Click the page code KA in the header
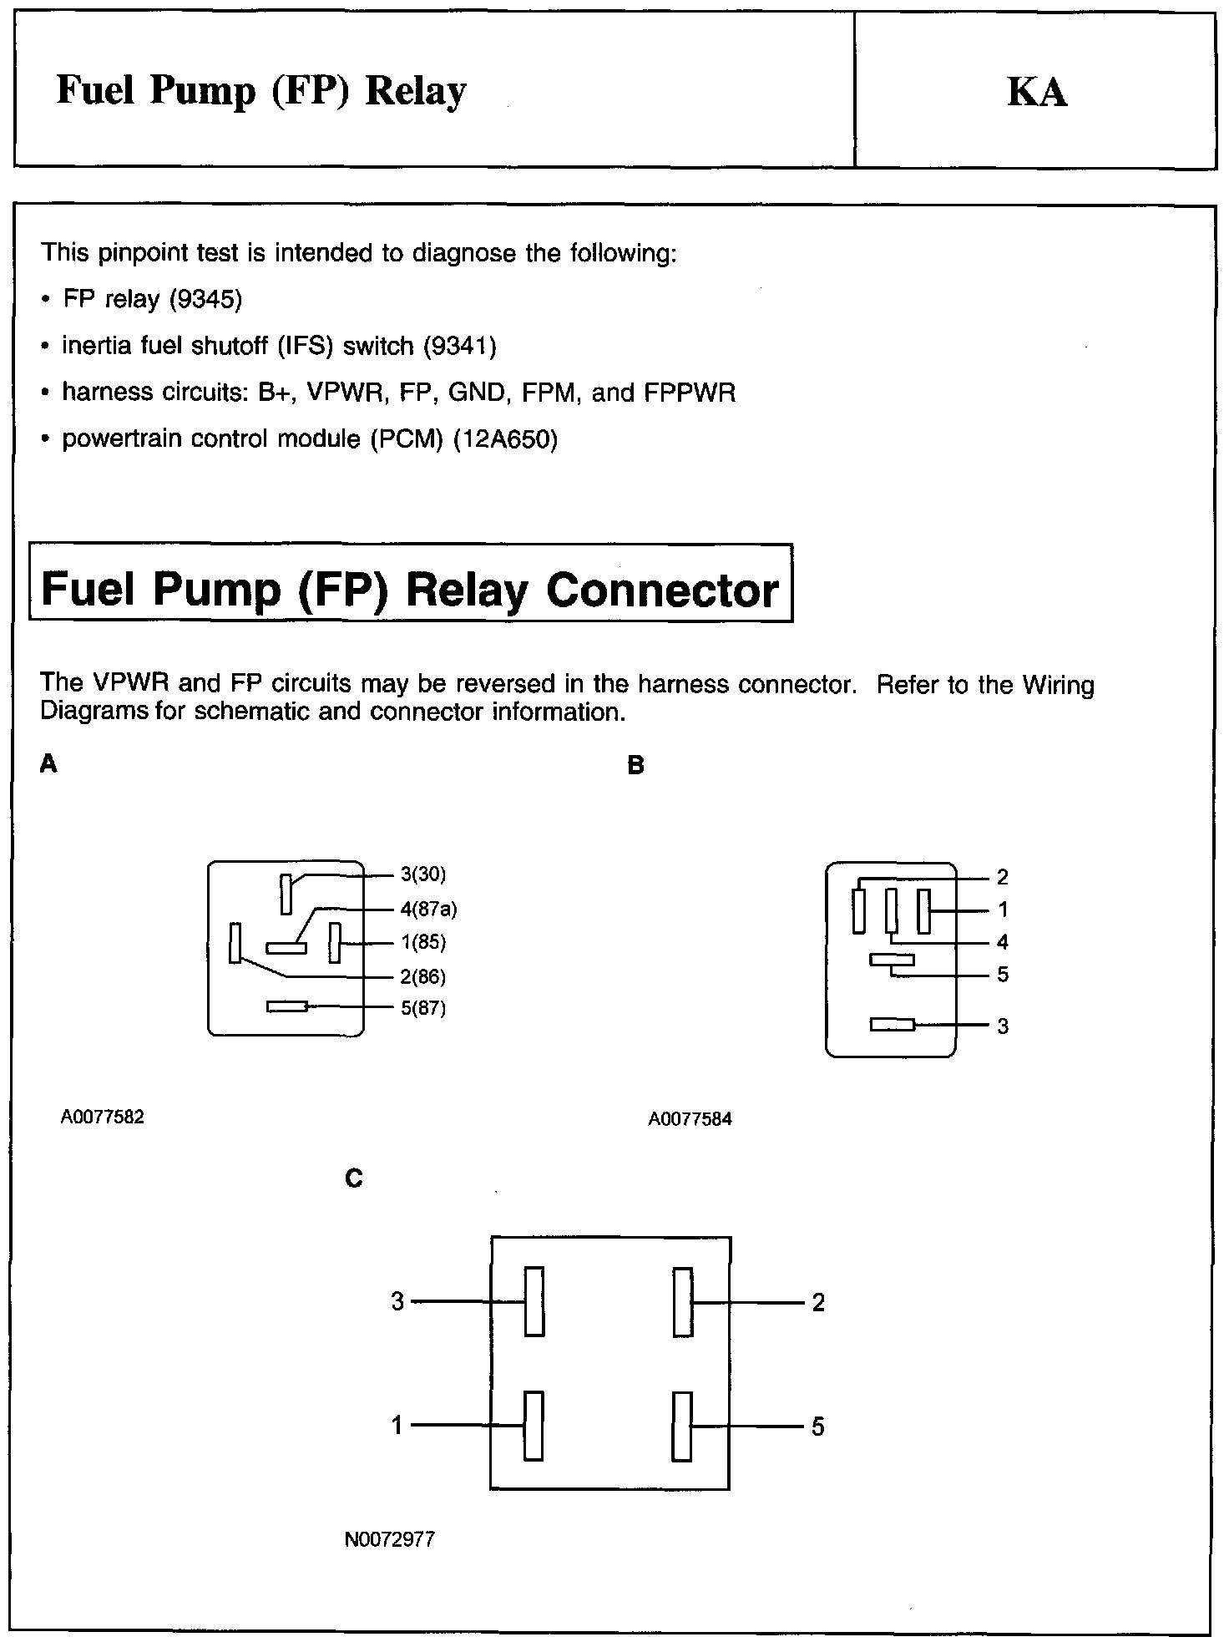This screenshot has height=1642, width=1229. coord(1036,92)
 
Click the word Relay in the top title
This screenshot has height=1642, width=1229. coord(415,91)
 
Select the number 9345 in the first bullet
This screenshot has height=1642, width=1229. coord(205,299)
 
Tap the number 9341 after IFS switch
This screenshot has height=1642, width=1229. coord(460,346)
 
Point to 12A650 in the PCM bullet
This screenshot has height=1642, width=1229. coord(504,438)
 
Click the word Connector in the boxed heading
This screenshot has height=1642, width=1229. coord(661,590)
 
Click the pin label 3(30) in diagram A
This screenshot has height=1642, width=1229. coord(423,874)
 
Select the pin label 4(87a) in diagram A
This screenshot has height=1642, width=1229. coord(428,909)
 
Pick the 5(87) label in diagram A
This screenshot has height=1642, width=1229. coord(423,1008)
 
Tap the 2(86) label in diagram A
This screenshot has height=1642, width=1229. coord(423,976)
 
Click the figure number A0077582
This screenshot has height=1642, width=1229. coord(103,1117)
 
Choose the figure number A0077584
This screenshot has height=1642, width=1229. coord(690,1119)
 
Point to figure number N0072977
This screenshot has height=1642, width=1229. coord(390,1539)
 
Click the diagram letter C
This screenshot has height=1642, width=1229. coord(354,1178)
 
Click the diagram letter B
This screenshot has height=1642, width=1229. coord(635,766)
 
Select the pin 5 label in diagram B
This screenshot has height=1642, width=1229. coord(1003,975)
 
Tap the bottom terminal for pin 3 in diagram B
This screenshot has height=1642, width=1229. coord(893,1024)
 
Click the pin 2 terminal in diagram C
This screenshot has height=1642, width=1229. coord(682,1301)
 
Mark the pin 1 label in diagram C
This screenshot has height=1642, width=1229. coord(397,1425)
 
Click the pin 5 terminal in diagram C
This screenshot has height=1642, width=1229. coord(682,1426)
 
